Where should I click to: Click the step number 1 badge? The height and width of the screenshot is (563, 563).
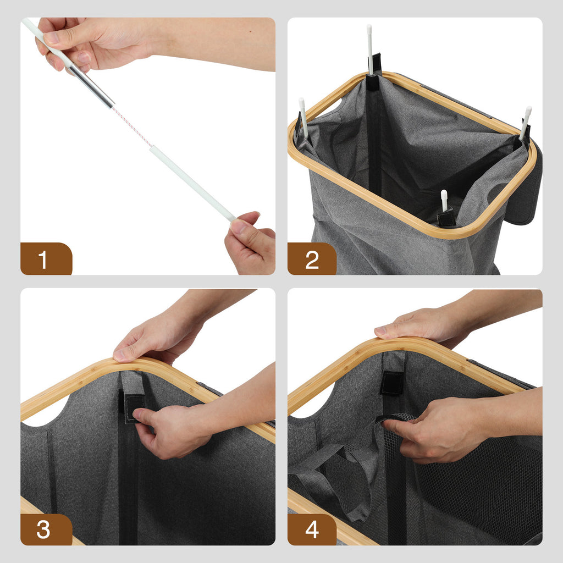pyautogui.click(x=46, y=258)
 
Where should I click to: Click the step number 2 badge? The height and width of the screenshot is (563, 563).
pyautogui.click(x=312, y=258)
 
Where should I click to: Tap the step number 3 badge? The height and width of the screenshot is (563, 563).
pyautogui.click(x=46, y=529)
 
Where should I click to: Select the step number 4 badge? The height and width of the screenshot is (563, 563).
pyautogui.click(x=312, y=529)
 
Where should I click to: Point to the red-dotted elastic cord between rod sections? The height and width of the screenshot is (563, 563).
pyautogui.click(x=132, y=126)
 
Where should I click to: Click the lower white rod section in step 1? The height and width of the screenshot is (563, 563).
pyautogui.click(x=192, y=184)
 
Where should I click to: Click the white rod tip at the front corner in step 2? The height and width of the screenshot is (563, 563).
pyautogui.click(x=444, y=200)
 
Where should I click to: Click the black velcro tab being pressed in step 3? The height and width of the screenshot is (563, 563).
pyautogui.click(x=133, y=409)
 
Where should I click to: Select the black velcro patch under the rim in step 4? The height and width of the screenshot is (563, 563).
pyautogui.click(x=392, y=383)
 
